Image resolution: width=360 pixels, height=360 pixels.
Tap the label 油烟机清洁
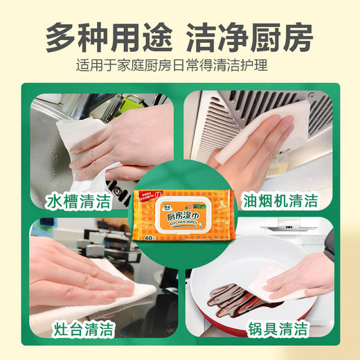click(x=280, y=201)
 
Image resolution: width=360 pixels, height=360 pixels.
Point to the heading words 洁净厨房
click(x=250, y=37)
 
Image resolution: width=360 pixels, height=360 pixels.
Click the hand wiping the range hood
click(x=256, y=138)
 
